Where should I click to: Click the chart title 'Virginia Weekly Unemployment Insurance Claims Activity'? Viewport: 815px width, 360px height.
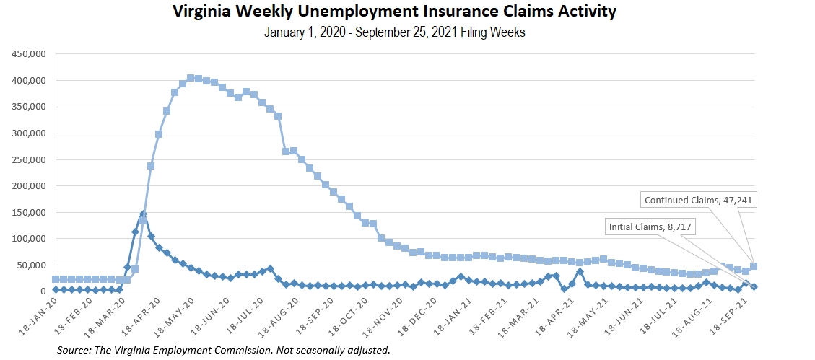394,12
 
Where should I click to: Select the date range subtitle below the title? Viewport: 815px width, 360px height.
394,32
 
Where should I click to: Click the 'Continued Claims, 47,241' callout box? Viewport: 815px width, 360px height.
699,201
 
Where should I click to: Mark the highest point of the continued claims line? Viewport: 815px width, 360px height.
191,78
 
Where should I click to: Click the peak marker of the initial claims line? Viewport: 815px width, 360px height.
143,214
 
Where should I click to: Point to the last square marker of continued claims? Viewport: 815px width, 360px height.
754,266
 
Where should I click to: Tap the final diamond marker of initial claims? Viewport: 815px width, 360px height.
754,286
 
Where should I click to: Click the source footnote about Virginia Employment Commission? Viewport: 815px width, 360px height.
225,350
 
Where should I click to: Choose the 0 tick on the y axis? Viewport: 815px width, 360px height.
43,291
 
